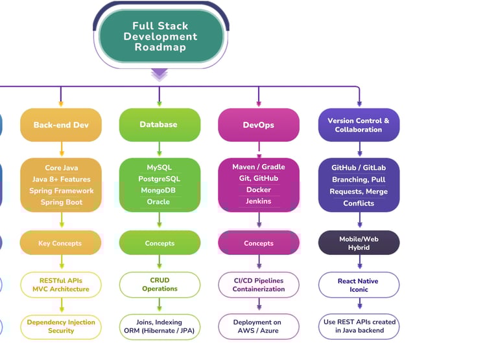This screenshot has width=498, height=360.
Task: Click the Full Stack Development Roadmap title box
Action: click(160, 37)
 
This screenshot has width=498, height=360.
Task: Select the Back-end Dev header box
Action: click(61, 125)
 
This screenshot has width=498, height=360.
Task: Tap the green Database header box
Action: click(160, 125)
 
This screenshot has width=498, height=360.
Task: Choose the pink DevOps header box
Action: click(259, 125)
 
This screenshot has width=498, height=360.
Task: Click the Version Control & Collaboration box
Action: click(359, 125)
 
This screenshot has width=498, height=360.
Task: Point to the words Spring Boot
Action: click(61, 202)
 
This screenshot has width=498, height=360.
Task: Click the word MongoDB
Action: click(160, 191)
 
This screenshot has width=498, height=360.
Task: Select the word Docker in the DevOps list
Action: click(259, 190)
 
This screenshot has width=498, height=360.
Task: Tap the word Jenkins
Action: click(259, 202)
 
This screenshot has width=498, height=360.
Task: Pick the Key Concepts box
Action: click(61, 243)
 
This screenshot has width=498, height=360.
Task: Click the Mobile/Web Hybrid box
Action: click(359, 243)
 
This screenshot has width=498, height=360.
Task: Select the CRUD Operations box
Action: click(160, 285)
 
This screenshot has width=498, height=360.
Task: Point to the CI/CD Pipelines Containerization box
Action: click(259, 285)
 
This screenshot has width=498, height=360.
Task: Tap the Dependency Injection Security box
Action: click(61, 326)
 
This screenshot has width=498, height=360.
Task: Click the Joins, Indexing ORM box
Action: click(160, 326)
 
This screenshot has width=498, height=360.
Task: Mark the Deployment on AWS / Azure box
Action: click(259, 326)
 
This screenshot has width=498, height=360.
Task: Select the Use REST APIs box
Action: click(359, 326)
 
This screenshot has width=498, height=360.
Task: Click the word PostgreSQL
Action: click(160, 179)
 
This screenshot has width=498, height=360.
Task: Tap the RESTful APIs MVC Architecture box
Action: click(61, 285)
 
